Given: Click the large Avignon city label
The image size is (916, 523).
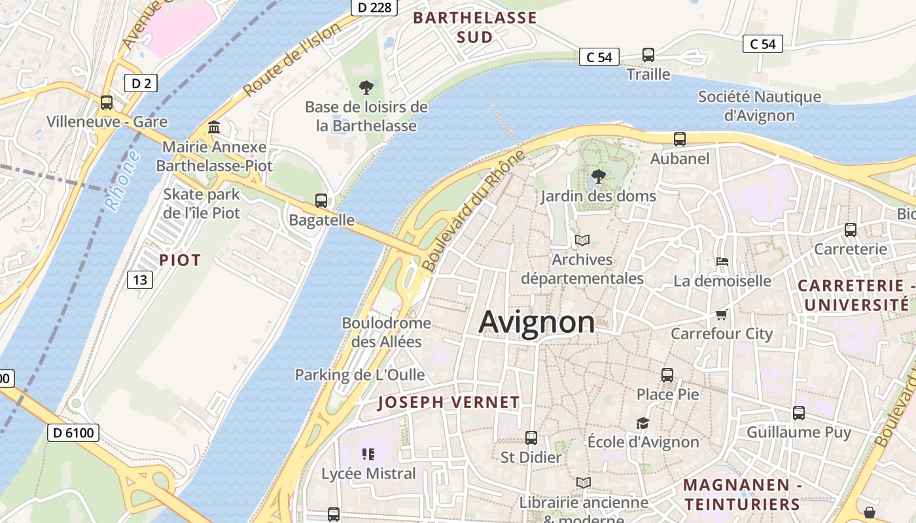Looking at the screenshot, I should (x=537, y=322).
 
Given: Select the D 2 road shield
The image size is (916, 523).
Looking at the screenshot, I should (x=141, y=83).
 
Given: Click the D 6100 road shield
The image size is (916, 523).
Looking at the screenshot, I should (x=73, y=432).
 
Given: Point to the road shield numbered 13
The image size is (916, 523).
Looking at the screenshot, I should (x=139, y=280).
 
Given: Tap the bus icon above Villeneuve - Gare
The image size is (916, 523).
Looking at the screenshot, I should (x=106, y=103).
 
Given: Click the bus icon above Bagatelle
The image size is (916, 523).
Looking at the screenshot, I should (x=321, y=201).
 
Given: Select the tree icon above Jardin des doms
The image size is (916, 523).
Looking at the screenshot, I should (x=597, y=176).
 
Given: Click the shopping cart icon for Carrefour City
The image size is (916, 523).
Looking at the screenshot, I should (x=721, y=314).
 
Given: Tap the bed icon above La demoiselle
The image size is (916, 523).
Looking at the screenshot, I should (x=722, y=261).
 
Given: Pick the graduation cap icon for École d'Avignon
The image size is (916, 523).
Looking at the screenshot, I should (x=643, y=423).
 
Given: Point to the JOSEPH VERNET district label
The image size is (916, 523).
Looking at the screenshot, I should (x=448, y=403).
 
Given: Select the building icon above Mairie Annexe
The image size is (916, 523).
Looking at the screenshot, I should (x=214, y=127).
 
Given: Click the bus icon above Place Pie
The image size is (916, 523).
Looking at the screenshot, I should (x=667, y=375).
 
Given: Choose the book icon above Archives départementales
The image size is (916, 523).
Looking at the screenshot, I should (x=582, y=240).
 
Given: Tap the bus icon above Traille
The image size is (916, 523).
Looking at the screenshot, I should (x=648, y=55).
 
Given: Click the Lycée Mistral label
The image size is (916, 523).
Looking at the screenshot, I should (x=368, y=473).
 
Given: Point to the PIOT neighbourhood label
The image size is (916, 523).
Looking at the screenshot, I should (x=180, y=260).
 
